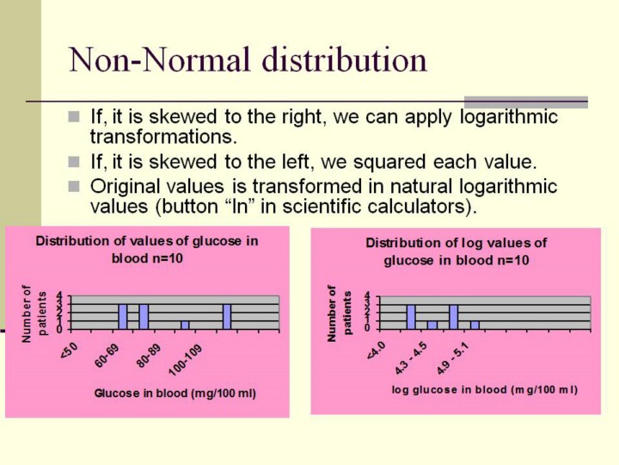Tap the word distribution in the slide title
[344, 59]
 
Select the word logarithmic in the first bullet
[508, 117]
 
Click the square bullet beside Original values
[74, 186]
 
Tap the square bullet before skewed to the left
[74, 162]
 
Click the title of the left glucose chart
[147, 250]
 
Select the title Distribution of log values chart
[457, 251]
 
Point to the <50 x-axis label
[69, 350]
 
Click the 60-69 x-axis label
[107, 356]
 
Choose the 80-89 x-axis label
[149, 356]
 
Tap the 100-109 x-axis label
[186, 360]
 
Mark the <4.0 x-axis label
[376, 350]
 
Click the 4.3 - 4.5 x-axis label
[411, 358]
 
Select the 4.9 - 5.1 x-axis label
[453, 358]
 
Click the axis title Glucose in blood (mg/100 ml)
[175, 394]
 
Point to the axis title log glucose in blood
[485, 390]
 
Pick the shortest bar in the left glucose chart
[185, 325]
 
